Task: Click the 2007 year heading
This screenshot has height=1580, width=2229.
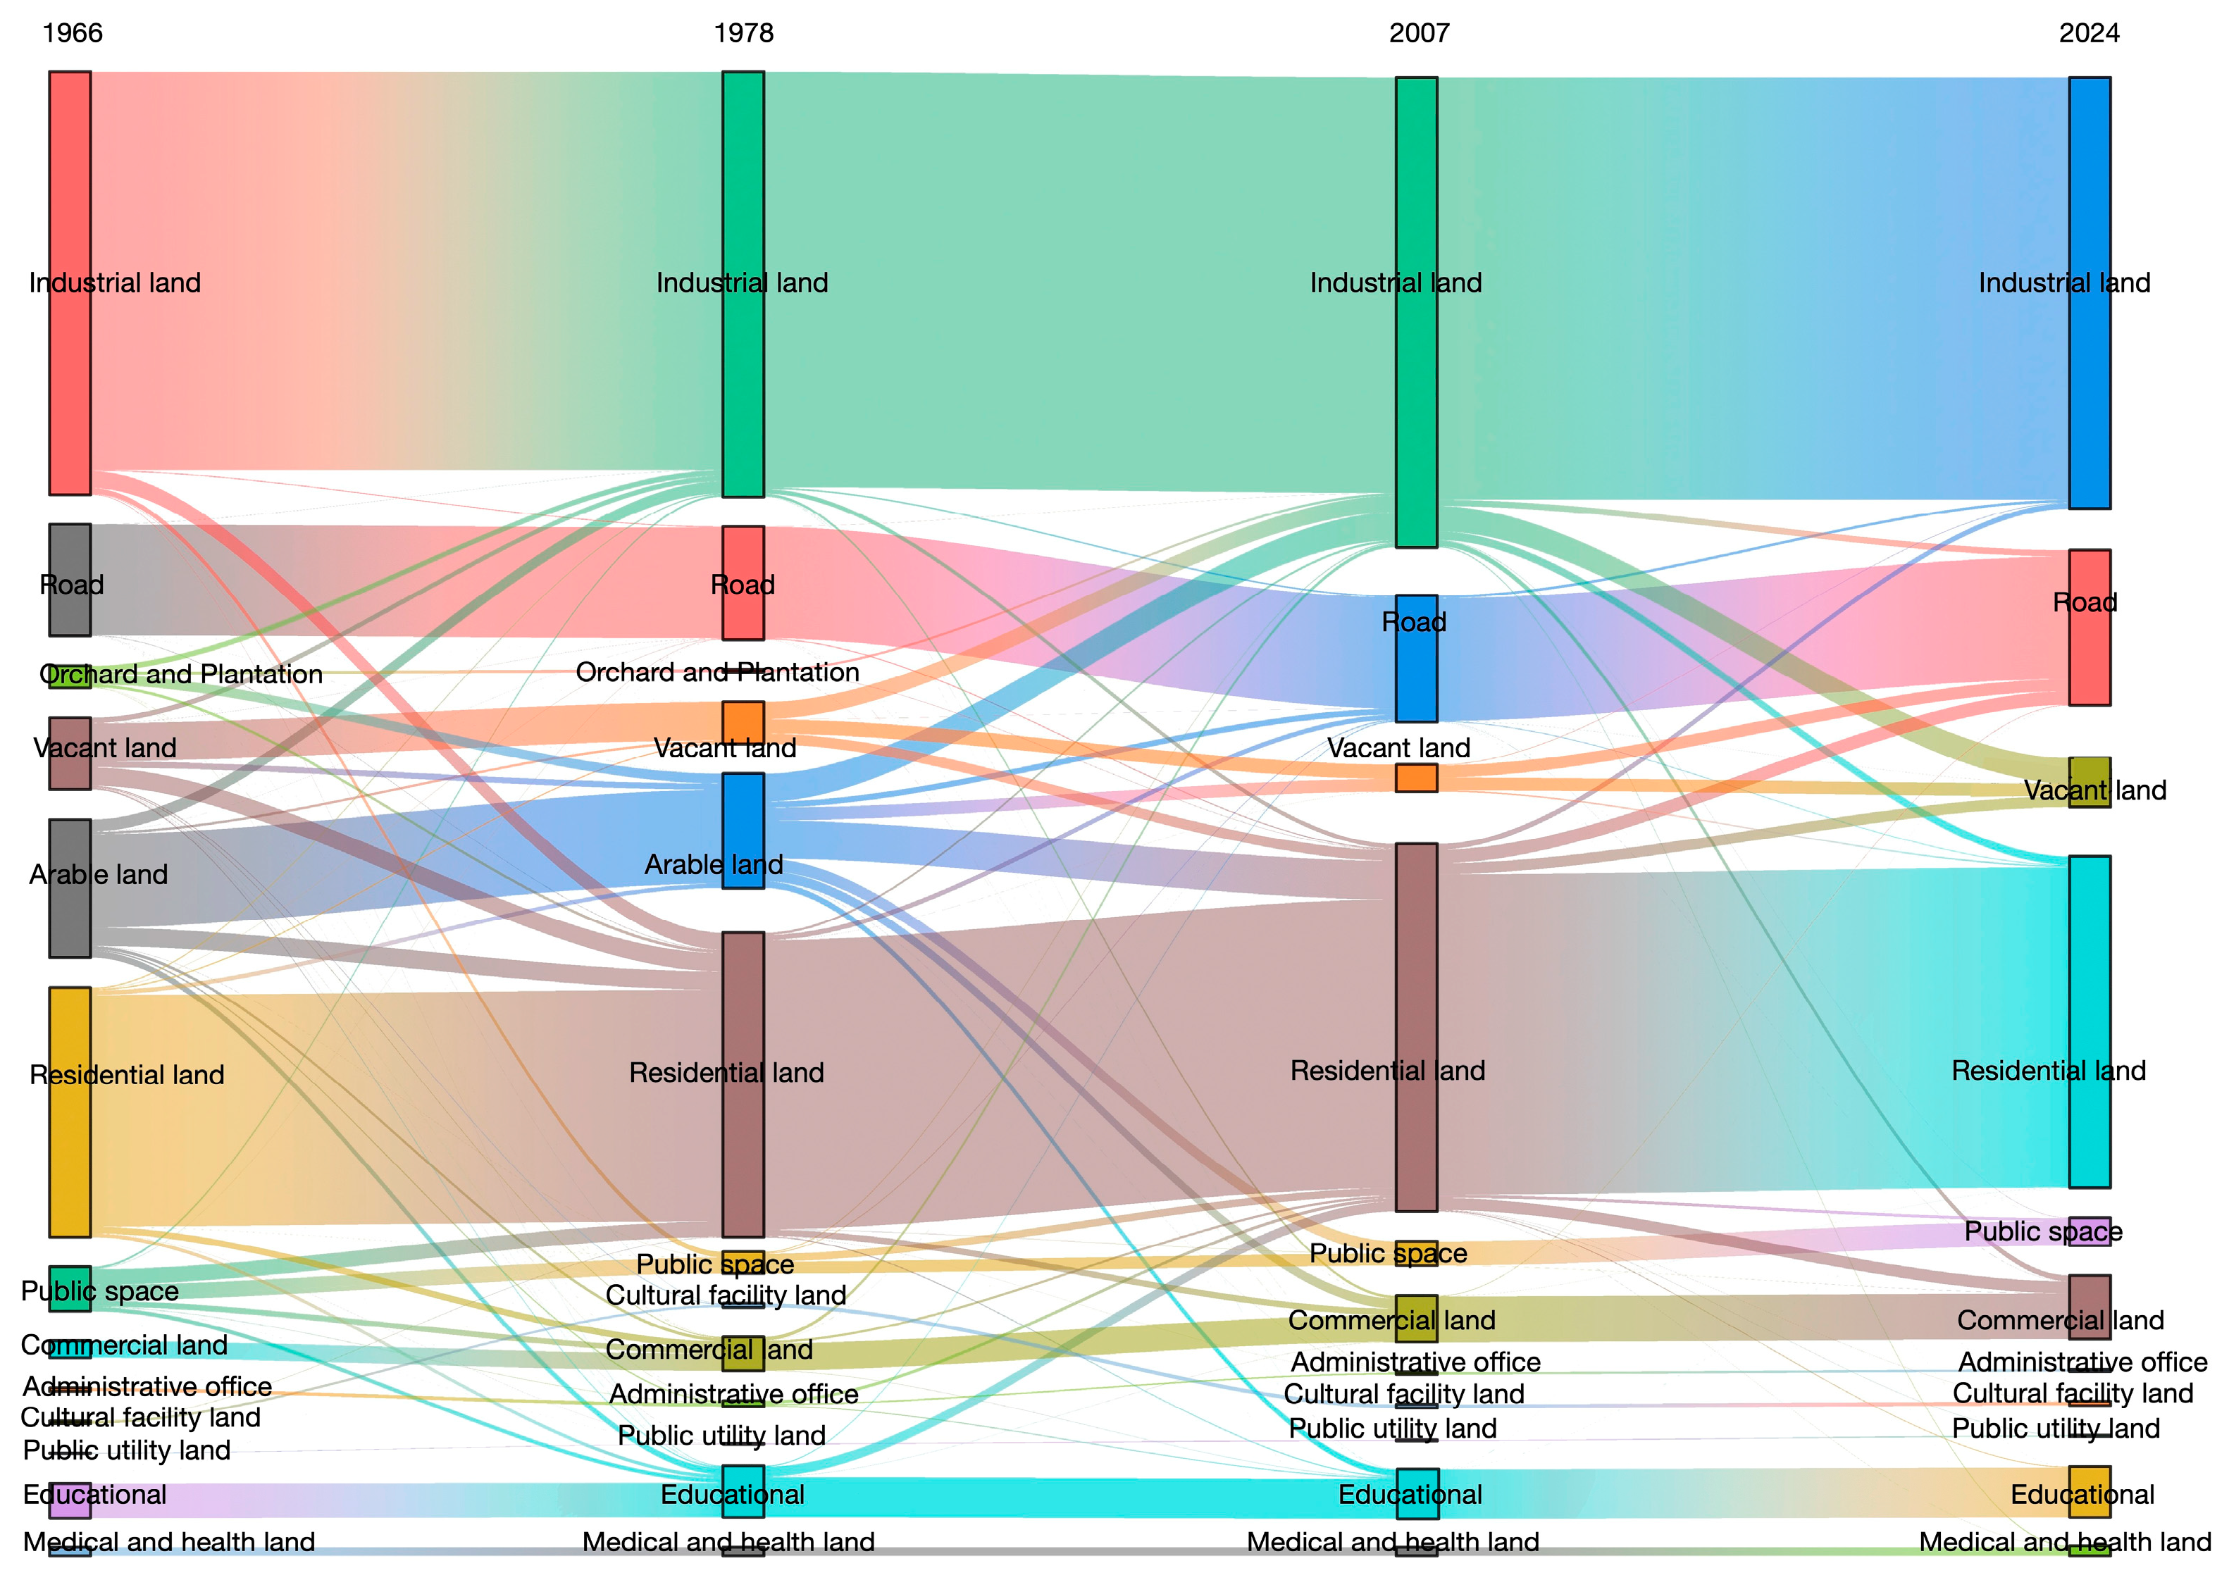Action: coord(1419,33)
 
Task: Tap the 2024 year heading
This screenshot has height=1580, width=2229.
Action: coord(2089,33)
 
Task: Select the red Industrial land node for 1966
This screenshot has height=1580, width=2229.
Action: coord(70,282)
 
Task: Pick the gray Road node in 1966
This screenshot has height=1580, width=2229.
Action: coord(70,580)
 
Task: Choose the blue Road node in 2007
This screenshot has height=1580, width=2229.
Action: coord(1417,659)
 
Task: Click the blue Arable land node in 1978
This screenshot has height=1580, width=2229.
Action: coord(743,830)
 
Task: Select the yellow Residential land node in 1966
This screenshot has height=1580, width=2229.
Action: coord(70,1112)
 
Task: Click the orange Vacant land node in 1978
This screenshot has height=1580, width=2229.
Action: coord(743,722)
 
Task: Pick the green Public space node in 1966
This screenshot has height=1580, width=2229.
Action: coord(70,1288)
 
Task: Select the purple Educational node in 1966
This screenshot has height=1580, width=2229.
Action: coord(70,1500)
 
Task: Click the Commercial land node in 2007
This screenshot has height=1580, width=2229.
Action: coord(1417,1318)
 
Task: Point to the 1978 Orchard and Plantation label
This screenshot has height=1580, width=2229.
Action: coord(717,672)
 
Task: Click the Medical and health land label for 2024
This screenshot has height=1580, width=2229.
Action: coord(2065,1542)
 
